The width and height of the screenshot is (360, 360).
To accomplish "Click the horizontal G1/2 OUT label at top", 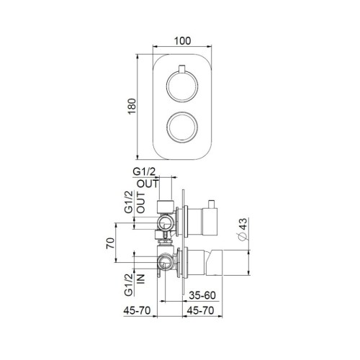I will pyautogui.click(x=147, y=176).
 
